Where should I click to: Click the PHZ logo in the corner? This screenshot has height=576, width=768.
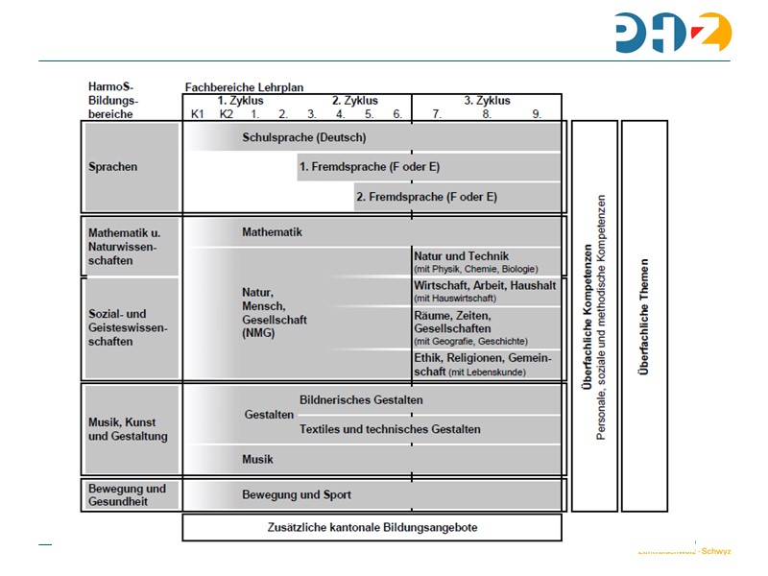click(674, 33)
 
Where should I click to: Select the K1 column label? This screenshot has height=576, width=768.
click(198, 113)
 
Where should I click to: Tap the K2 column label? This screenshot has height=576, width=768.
click(227, 113)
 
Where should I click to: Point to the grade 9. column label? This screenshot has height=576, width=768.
click(538, 113)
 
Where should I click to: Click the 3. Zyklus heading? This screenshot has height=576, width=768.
click(487, 100)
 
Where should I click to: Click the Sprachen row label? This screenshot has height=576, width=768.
click(113, 167)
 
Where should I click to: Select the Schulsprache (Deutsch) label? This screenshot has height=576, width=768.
click(303, 137)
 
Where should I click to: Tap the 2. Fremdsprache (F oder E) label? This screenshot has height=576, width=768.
click(426, 197)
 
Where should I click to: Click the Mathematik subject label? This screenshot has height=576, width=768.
click(272, 232)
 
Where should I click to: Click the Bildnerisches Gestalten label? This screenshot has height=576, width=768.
click(361, 399)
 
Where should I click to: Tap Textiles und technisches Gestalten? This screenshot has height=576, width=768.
click(390, 429)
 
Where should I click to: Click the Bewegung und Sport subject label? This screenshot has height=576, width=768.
click(296, 495)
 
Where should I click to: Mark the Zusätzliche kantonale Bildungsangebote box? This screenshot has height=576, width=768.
click(372, 527)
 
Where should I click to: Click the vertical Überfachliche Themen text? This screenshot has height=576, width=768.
click(644, 317)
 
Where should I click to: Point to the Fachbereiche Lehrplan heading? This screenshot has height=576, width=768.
click(244, 86)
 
